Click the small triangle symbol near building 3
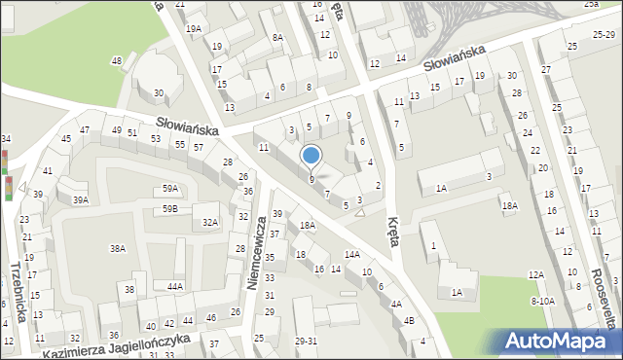tap(360, 211)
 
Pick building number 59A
tap(170, 189)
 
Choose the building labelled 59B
tap(170, 209)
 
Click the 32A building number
tap(209, 223)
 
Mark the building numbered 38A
tap(117, 249)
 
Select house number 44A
tap(175, 287)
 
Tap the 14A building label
tap(352, 254)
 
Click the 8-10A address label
tap(542, 302)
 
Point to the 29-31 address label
tap(306, 342)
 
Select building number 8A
tap(277, 38)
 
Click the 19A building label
tap(195, 29)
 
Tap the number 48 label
tap(117, 61)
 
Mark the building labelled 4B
tap(409, 320)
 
